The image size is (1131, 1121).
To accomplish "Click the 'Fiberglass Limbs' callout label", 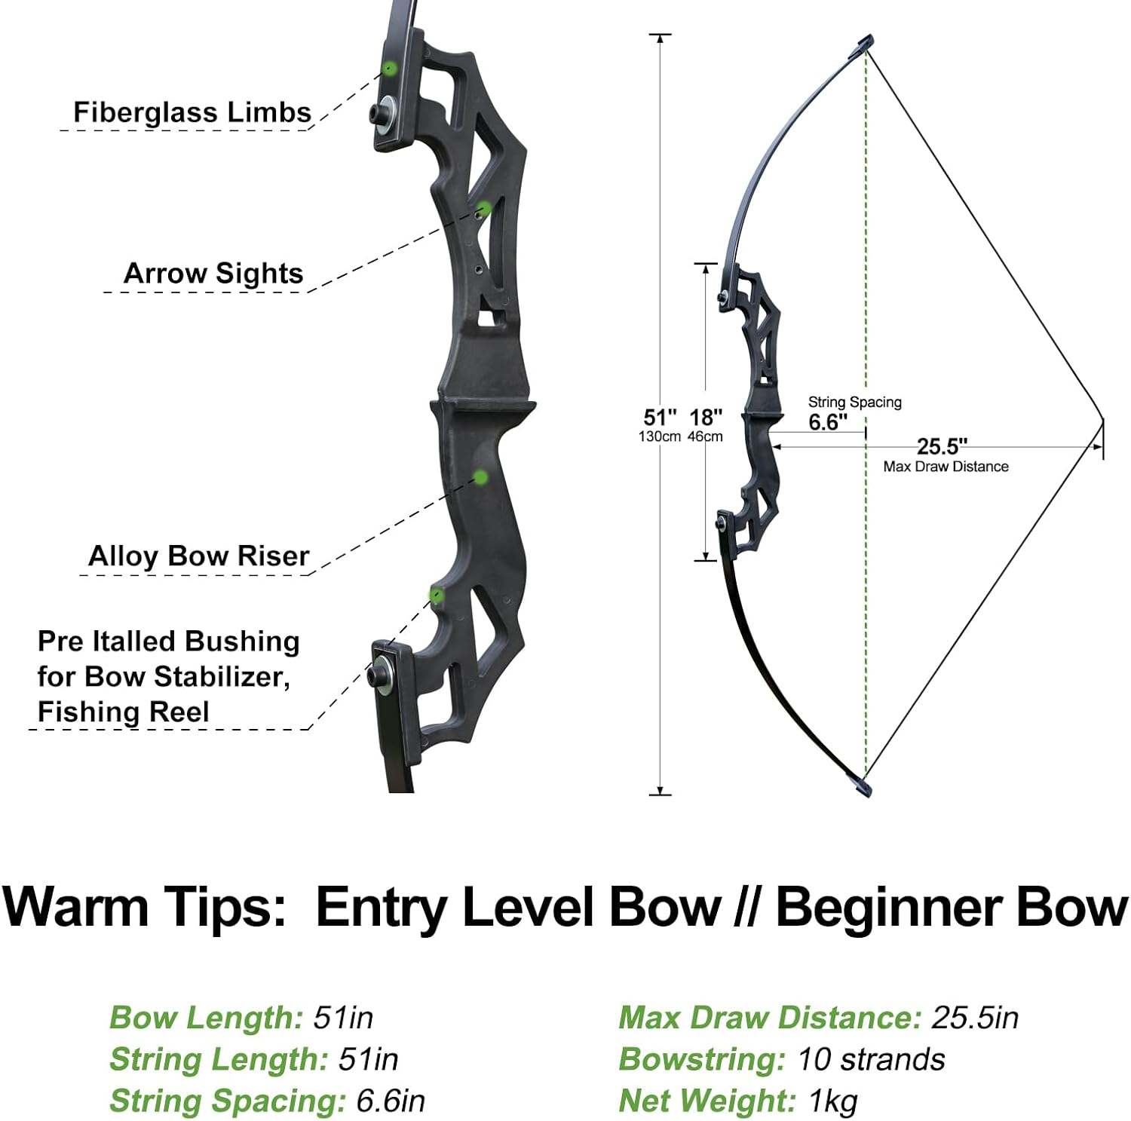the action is coord(192,112).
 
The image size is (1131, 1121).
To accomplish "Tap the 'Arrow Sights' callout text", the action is coord(213,273).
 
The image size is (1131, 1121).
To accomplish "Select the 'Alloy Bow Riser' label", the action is coord(198,556).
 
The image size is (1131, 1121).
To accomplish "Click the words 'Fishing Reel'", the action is coord(123,712).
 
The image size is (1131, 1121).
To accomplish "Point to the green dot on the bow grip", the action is coord(480,477).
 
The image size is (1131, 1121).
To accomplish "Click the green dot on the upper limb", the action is coord(389,68).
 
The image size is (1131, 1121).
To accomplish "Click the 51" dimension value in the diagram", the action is coord(660,417).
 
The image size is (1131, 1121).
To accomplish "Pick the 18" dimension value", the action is coord(706,417).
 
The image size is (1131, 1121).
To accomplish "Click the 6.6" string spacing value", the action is coord(828,422).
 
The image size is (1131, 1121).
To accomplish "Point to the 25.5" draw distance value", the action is coord(942,446).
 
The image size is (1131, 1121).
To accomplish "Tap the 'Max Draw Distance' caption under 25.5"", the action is coord(946,467).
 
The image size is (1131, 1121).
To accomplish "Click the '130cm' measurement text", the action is coord(660,436).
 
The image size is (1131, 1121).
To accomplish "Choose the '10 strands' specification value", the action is coord(870,1059).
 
